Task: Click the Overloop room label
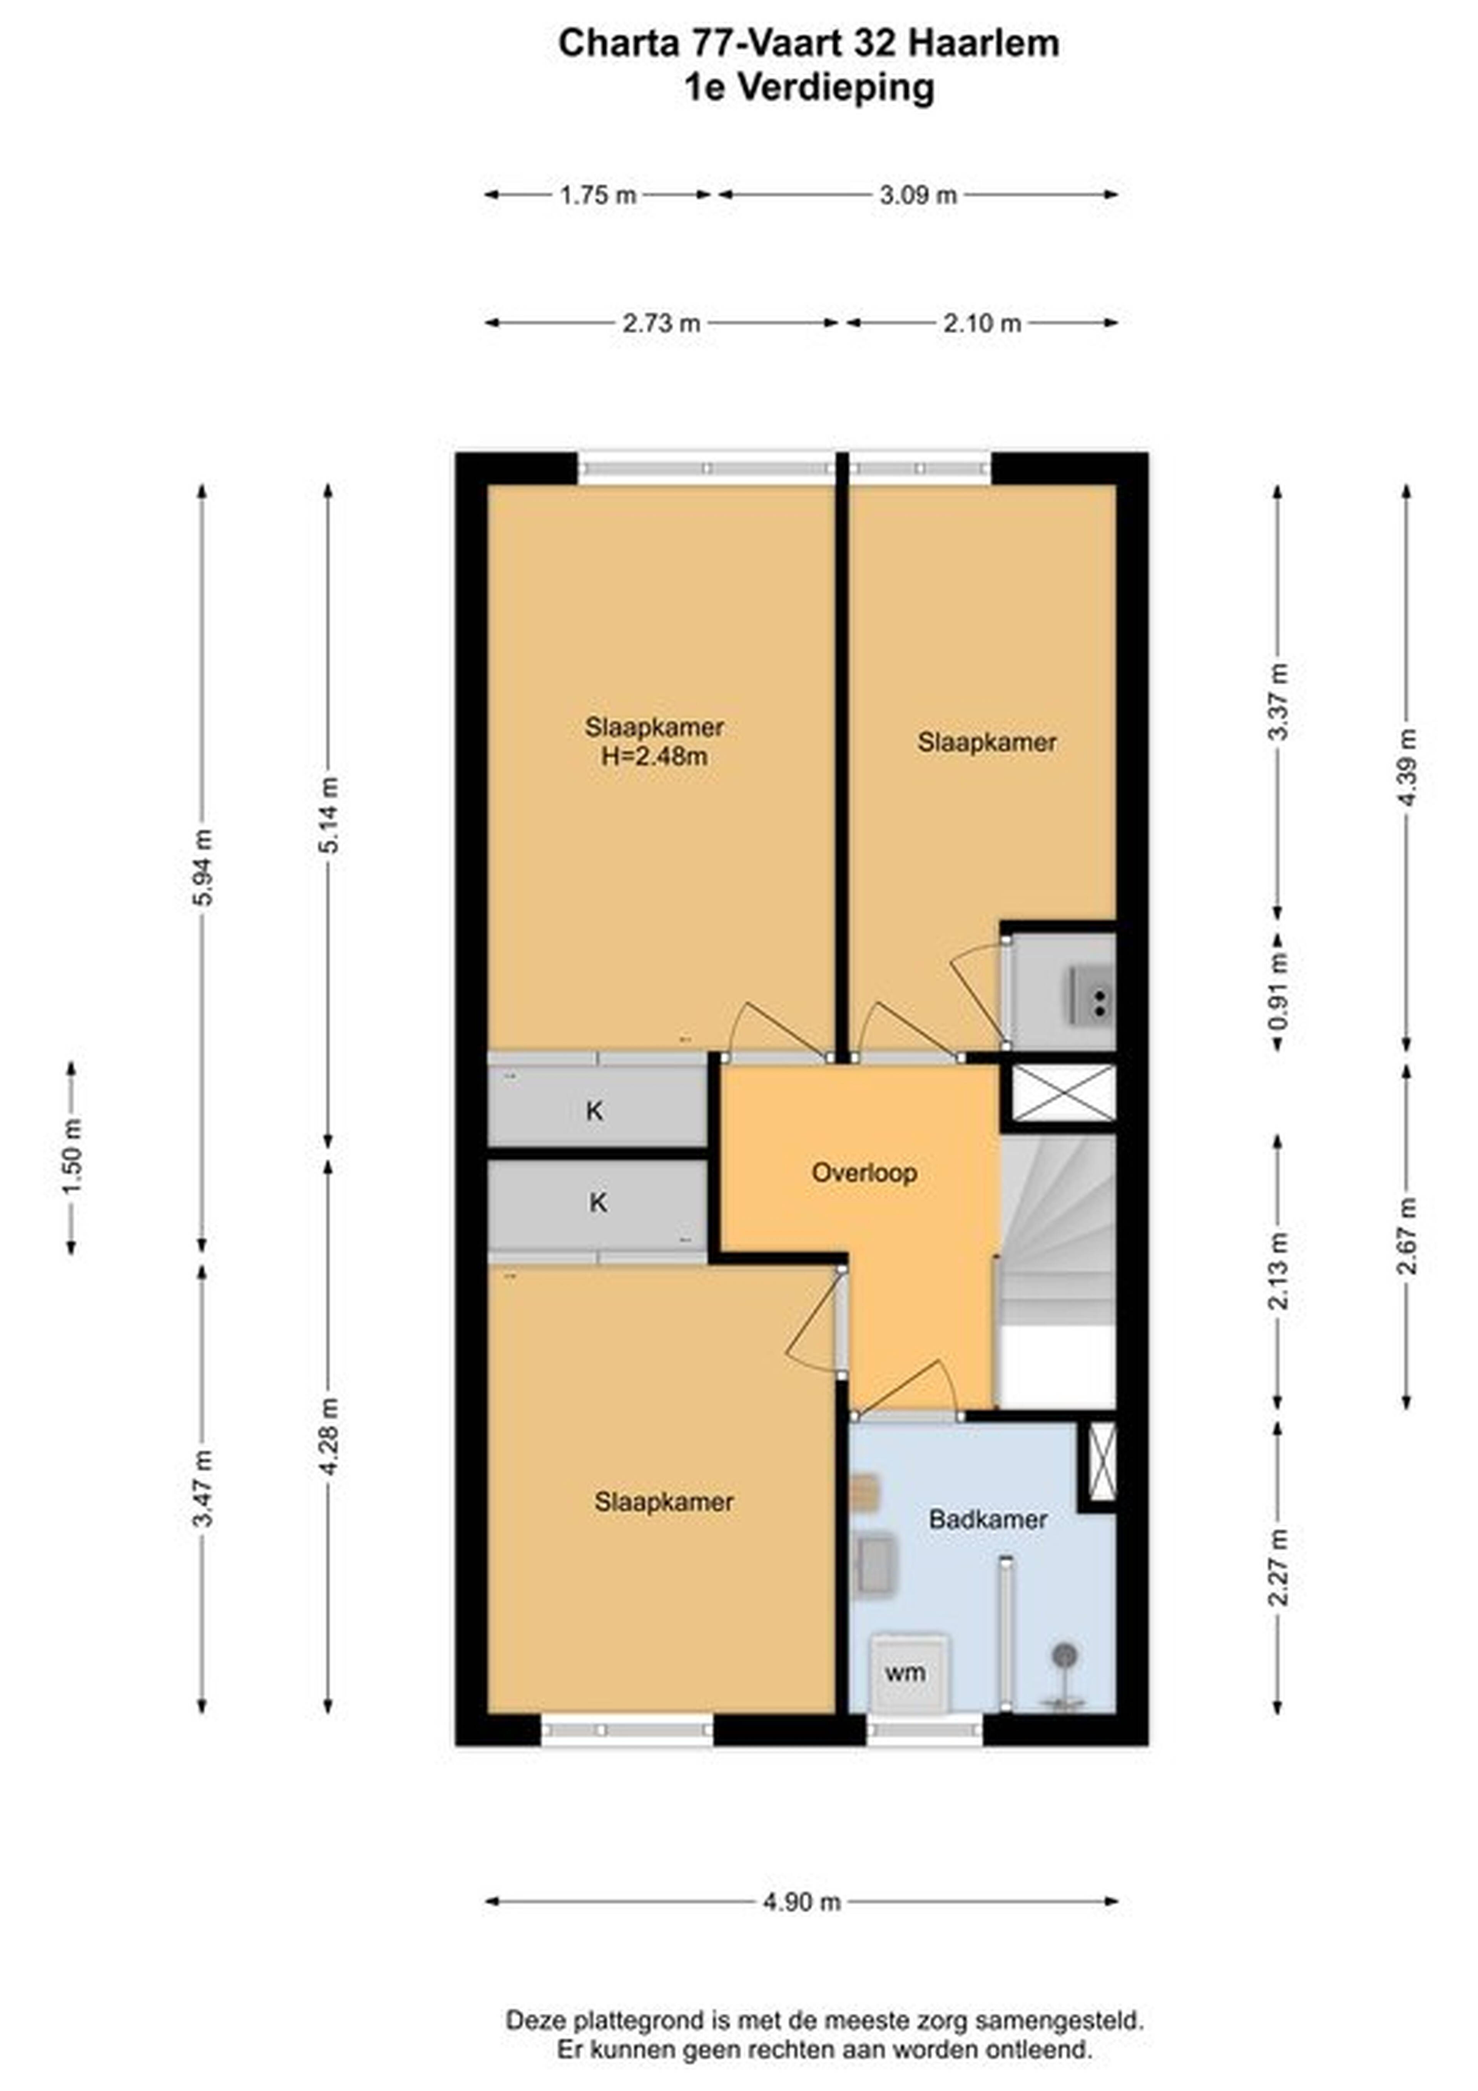coord(863,1172)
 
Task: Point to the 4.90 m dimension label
coord(801,1902)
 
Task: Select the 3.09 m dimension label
coord(918,195)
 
